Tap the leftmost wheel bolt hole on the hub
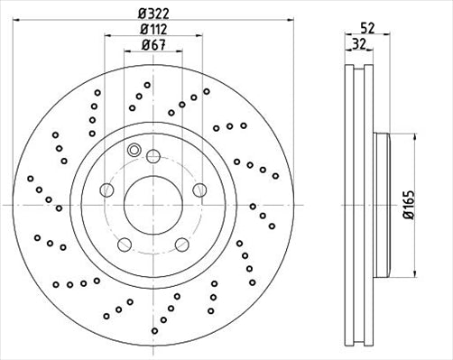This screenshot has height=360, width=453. [105, 189]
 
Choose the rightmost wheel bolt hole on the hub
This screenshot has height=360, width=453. [200, 189]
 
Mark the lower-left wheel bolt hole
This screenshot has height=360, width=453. [122, 244]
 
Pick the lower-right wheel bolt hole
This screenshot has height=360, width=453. [181, 244]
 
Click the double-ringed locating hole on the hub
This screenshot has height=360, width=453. [134, 151]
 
